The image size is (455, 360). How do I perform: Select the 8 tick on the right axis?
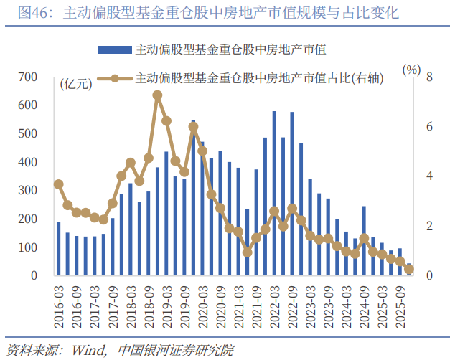pyautogui.click(x=428, y=77)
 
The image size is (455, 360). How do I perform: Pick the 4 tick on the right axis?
pyautogui.click(x=428, y=176)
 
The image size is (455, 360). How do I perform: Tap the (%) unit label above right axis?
pyautogui.click(x=411, y=70)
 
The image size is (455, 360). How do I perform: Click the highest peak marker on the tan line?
pyautogui.click(x=157, y=95)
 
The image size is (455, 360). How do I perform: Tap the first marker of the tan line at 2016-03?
pyautogui.click(x=59, y=184)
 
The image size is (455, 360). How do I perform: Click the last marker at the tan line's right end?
pyautogui.click(x=409, y=269)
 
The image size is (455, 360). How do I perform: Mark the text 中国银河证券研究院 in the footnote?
pyautogui.click(x=175, y=349)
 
